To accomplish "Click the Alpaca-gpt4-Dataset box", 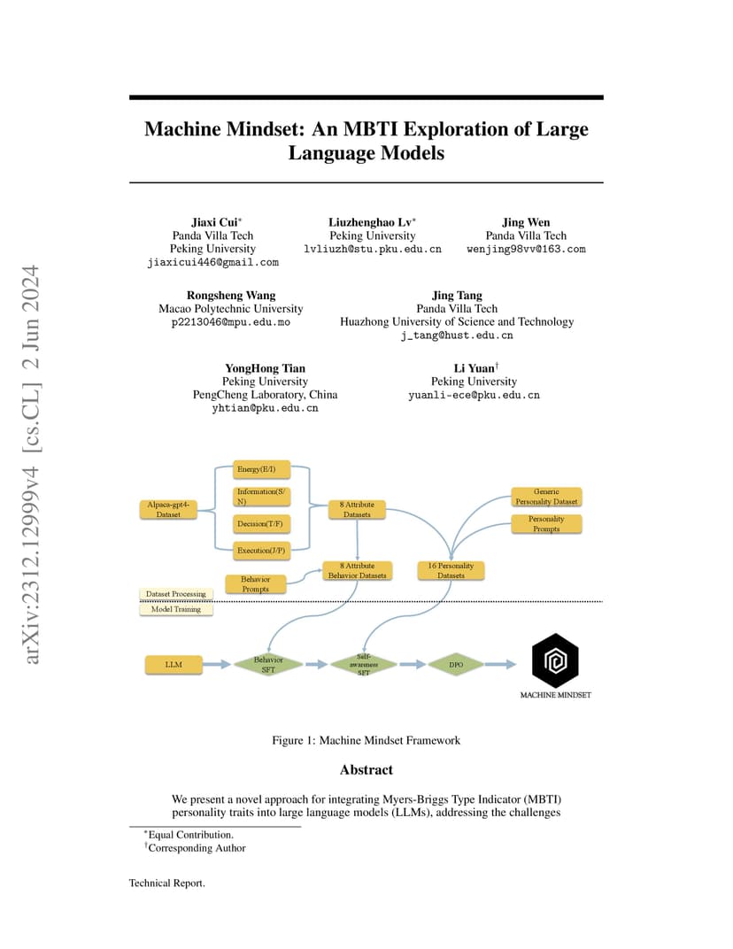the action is click(168, 509).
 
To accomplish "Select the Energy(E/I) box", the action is click(261, 469).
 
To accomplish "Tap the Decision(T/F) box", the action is click(261, 523).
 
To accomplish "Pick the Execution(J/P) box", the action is click(261, 550).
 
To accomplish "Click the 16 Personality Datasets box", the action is click(451, 571).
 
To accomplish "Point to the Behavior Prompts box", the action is click(256, 584).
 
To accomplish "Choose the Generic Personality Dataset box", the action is click(546, 497).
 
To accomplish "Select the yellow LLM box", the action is click(174, 665).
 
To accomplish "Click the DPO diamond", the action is click(456, 665).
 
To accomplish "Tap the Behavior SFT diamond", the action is click(268, 665).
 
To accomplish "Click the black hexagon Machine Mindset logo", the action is click(555, 661).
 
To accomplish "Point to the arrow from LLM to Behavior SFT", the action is click(217, 665).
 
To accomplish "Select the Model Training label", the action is click(176, 609).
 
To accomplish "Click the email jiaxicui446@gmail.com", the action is click(213, 263).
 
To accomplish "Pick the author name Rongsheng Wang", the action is click(231, 296).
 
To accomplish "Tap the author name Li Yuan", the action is click(475, 368).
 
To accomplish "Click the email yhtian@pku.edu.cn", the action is click(265, 408).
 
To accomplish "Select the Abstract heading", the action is click(366, 770).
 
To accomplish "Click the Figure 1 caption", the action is click(366, 740).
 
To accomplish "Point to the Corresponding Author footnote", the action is click(196, 848).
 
